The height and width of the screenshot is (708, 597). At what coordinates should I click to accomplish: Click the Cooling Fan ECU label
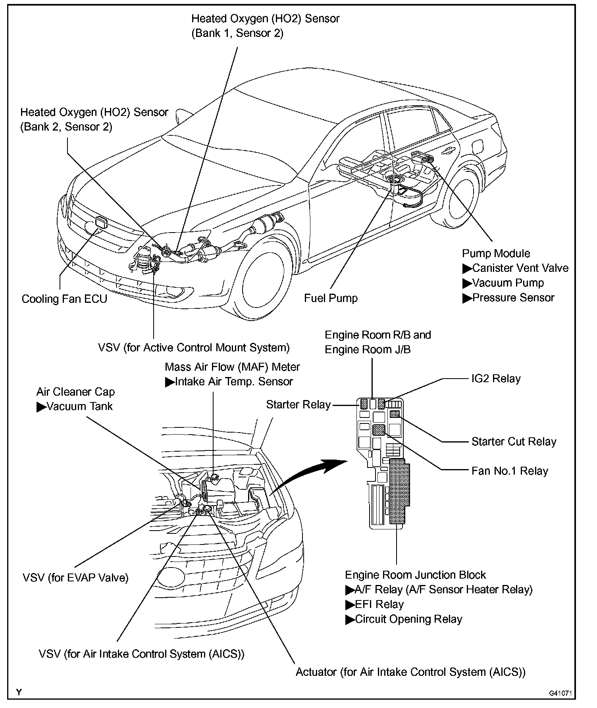[64, 298]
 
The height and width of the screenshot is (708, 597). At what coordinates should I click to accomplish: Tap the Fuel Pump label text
[331, 298]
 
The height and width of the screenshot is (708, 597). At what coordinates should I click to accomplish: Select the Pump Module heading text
[496, 253]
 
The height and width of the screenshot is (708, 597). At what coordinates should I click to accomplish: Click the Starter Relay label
[298, 404]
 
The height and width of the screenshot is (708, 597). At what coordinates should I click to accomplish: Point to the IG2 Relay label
[496, 378]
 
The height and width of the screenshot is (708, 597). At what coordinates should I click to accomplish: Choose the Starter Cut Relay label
[514, 441]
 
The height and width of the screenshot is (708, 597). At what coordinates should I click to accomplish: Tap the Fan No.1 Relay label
[510, 471]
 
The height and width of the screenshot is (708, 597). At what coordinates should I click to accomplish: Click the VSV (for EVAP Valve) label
[75, 577]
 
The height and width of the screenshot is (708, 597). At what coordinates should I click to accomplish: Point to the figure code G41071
[560, 693]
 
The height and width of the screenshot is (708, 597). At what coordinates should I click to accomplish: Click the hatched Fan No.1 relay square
[379, 429]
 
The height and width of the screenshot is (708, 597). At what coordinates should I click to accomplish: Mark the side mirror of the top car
[183, 114]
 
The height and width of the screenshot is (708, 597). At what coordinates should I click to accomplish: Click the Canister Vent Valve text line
[520, 268]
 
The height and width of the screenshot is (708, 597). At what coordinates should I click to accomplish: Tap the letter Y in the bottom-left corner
[19, 693]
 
